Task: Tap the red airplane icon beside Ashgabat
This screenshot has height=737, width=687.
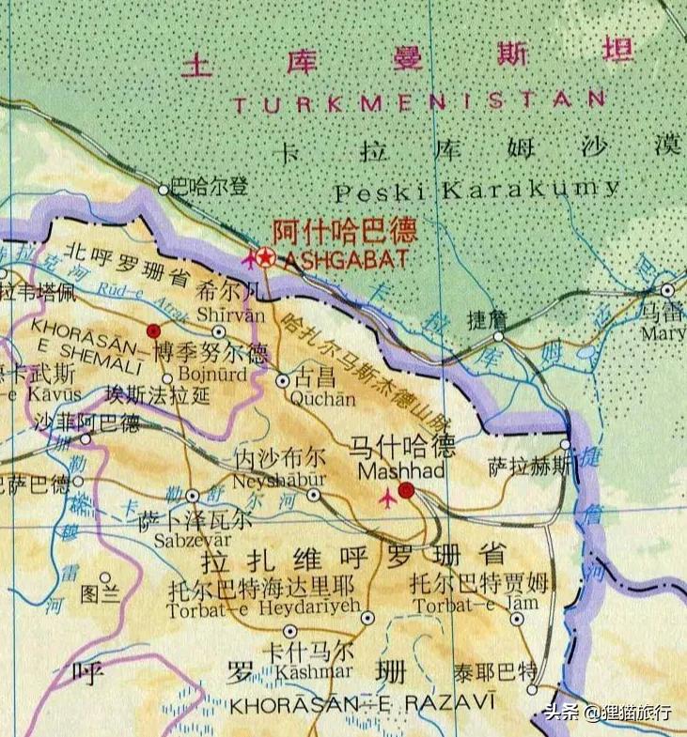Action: coord(249,257)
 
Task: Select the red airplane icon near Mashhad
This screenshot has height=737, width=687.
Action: coord(386,499)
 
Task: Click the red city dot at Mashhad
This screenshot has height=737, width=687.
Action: coord(406,490)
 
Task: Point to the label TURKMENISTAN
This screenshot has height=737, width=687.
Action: coord(419,101)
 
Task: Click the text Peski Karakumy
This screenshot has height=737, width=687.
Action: coord(478,191)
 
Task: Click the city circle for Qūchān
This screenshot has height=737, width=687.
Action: coord(283,381)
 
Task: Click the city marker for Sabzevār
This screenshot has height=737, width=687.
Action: coord(193,495)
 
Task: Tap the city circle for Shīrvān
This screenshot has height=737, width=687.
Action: coord(219,331)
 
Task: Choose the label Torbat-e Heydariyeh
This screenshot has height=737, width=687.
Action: coord(263,609)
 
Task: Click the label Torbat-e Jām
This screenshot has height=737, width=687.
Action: coord(467,605)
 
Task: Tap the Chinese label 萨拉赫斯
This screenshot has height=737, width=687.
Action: coord(529,466)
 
